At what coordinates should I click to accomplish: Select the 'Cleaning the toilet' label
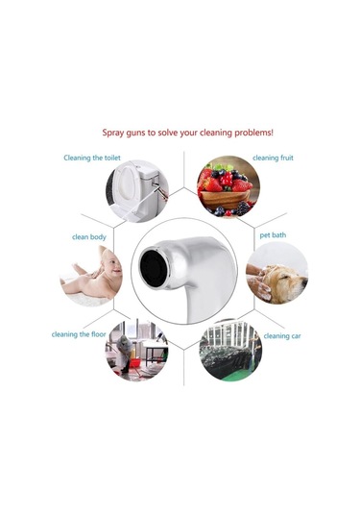coord(92,158)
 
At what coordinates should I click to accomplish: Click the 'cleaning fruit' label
coord(273,158)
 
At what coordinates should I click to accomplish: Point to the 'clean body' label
coord(89,237)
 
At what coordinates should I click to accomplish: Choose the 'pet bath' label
coord(273,235)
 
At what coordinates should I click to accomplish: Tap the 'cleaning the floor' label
coord(79,334)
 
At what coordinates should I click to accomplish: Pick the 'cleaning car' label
coord(282,336)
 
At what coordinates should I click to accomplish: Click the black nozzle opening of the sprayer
coord(153,265)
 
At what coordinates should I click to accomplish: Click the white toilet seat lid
coord(126,183)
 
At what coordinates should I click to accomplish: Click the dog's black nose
coord(304,281)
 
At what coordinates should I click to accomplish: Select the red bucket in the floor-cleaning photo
coord(134,363)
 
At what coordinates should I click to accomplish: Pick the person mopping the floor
coord(125,354)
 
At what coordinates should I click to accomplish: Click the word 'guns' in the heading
coord(135,134)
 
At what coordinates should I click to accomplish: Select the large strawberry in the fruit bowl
coord(213,184)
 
